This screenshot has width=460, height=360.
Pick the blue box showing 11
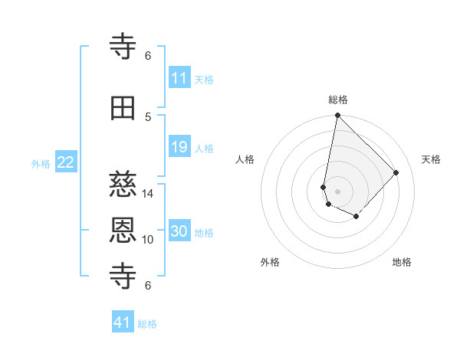(x=179, y=78)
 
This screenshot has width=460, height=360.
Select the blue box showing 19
(x=179, y=147)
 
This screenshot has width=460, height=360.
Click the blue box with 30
(x=179, y=231)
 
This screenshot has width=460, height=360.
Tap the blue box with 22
(x=66, y=162)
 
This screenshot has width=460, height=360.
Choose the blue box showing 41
(x=123, y=322)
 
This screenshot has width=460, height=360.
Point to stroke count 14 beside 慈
(x=148, y=193)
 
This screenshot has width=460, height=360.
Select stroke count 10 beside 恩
(x=148, y=240)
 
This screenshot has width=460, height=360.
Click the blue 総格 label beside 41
(x=147, y=324)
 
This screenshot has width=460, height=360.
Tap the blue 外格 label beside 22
(x=41, y=163)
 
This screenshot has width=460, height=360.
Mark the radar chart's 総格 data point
(x=337, y=116)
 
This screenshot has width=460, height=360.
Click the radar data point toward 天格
(x=396, y=172)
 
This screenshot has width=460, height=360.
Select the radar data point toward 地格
(x=356, y=217)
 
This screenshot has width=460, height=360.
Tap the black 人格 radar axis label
(x=245, y=159)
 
